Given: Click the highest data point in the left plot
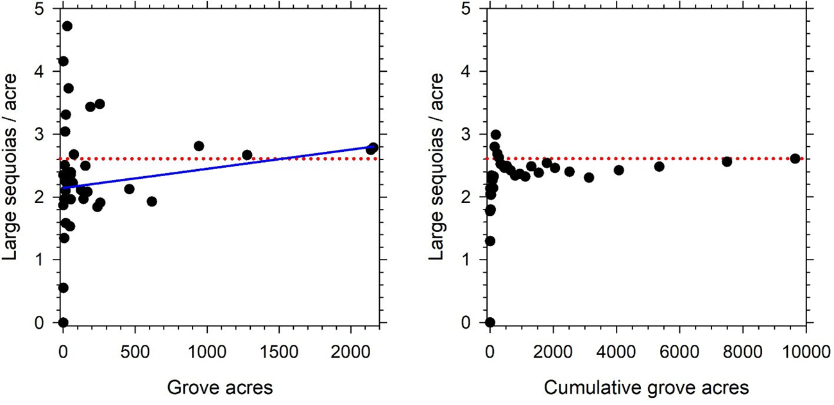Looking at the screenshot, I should (67, 26).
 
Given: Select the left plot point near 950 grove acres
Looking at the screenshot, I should (199, 146).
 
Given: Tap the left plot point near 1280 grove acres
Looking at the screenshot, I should (247, 155).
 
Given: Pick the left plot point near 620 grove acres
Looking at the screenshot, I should (152, 201).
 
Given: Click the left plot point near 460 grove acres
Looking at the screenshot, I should (129, 189).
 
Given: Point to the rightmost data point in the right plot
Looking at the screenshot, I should (795, 158).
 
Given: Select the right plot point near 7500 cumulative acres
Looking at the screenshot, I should (727, 161).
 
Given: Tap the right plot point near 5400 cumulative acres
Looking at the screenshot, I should (659, 167).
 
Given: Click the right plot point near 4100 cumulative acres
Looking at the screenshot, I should (618, 170).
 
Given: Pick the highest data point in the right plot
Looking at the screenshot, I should (495, 135).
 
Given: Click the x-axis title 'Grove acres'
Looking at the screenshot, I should (220, 387).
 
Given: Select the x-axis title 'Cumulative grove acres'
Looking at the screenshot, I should (646, 387).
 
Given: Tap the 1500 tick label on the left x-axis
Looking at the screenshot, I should (278, 351).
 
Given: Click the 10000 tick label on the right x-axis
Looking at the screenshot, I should (805, 351).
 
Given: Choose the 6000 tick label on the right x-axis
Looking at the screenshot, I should (679, 351).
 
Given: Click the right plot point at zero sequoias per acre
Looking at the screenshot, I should (489, 322).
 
